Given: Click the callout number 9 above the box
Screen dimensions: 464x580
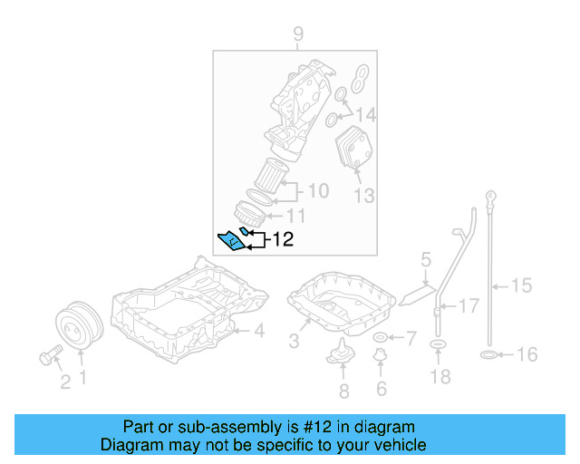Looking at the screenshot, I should coord(297,35).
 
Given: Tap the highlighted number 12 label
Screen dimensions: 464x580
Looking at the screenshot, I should coord(284,239).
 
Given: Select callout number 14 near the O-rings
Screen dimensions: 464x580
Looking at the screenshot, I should coord(365,115).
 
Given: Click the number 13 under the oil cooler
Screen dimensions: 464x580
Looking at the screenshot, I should coord(362,194).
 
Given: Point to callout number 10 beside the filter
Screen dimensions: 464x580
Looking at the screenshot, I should coord(317,191).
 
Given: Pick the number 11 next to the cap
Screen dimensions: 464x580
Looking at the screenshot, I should coord(296,216).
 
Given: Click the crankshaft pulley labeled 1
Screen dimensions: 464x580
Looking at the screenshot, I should coord(75,325).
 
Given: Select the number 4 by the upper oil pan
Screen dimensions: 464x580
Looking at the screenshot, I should coord(258,332).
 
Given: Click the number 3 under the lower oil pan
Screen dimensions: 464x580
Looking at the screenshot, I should coord(294,341).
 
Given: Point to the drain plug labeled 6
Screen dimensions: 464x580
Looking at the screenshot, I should coord(381,362).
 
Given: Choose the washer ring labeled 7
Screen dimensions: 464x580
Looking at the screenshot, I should coord(380,338).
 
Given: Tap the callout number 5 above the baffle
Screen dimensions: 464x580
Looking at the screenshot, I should coord(425,263).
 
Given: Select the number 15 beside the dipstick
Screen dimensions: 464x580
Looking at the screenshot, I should coord(521,286).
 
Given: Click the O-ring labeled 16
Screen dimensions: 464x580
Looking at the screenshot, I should coord(487,354).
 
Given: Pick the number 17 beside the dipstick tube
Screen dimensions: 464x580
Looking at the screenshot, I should coord(468,306).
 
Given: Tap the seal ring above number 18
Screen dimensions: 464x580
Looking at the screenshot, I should coord(438,345).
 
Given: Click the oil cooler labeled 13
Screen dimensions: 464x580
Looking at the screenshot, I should coord(352,150).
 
